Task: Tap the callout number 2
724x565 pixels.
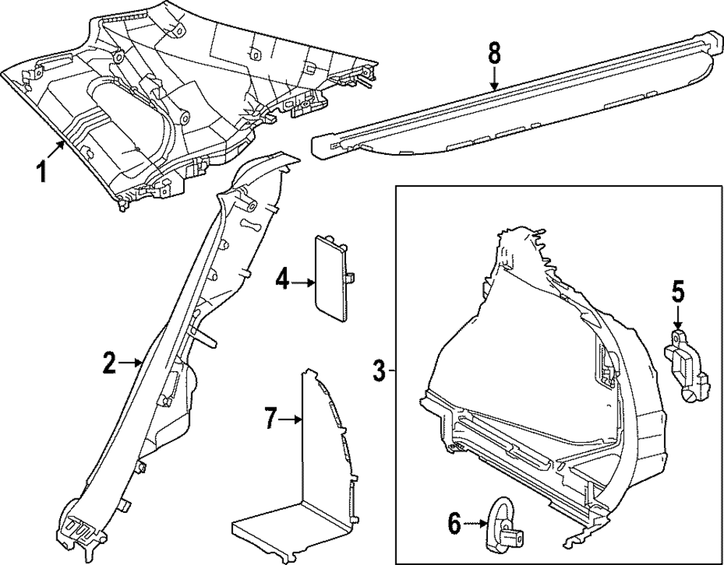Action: click(x=109, y=363)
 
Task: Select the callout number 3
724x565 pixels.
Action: click(x=378, y=372)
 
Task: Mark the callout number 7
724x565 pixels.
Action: click(x=269, y=417)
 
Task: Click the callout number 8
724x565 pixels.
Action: click(x=494, y=52)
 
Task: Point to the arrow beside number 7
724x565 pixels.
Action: click(x=291, y=418)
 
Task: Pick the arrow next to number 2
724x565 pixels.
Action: click(x=131, y=363)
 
